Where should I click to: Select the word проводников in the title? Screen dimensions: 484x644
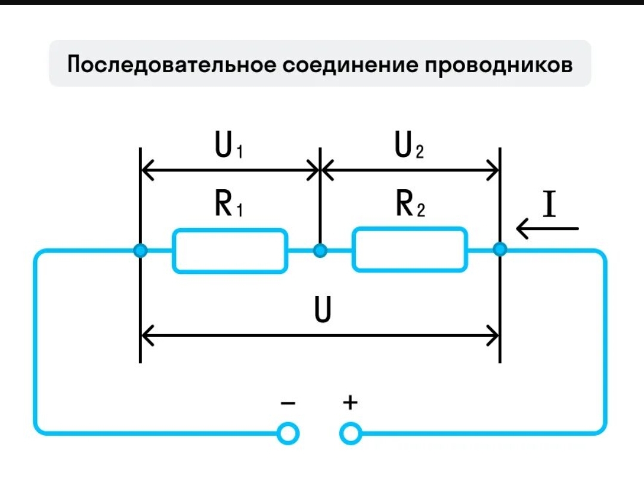pos(498,64)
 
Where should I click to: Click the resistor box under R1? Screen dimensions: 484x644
pos(230,251)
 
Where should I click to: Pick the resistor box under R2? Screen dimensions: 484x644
pos(409,251)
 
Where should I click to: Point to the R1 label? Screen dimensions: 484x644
pos(228,205)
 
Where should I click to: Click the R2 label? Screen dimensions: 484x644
pos(410,205)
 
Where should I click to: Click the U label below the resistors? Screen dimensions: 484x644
pos(322,312)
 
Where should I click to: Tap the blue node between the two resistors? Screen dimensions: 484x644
pos(320,251)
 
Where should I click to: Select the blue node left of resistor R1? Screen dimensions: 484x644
pos(140,251)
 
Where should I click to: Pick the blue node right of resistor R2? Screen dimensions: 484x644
pos(500,250)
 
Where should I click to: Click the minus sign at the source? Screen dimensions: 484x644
pos(287,403)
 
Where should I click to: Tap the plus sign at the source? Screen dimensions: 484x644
pos(350,403)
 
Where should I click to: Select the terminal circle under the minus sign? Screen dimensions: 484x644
pos(289,434)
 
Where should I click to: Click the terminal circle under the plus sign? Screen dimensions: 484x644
pos(351,434)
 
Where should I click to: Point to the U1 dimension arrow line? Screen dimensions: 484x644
pos(230,171)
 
